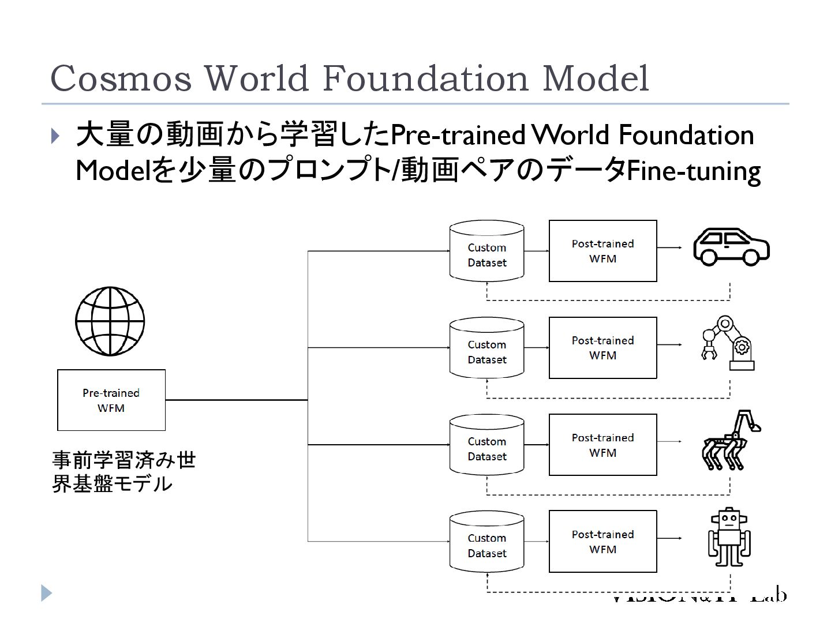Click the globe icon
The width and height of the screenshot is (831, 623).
click(110, 321)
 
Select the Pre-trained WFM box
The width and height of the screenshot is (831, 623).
click(111, 400)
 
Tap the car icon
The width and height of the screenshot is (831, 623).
click(731, 247)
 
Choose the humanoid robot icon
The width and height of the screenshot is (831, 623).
click(729, 538)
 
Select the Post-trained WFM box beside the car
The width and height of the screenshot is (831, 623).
click(602, 251)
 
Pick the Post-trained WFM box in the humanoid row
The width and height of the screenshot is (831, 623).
click(602, 541)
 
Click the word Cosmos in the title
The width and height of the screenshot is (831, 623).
click(121, 78)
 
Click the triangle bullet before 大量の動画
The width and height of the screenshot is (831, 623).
click(55, 136)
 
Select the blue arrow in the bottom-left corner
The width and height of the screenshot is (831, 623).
click(47, 593)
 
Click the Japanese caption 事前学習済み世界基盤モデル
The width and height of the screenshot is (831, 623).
click(123, 472)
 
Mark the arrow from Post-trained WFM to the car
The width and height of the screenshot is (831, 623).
click(669, 247)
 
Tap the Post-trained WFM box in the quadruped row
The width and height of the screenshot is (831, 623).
click(602, 445)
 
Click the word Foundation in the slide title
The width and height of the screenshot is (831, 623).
click(424, 78)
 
